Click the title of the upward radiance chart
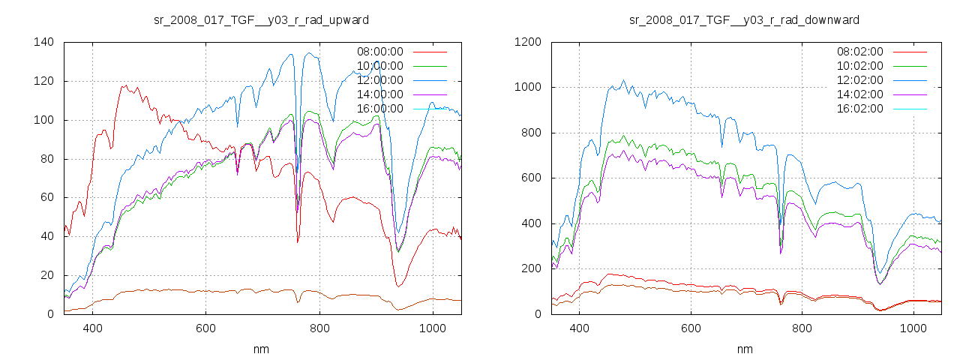[261, 19]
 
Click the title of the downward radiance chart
[744, 19]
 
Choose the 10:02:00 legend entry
[859, 66]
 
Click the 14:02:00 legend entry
[859, 94]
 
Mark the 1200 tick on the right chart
[526, 42]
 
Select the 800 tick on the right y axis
[529, 133]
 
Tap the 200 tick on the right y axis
[529, 268]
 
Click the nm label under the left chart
[261, 349]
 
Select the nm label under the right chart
[744, 349]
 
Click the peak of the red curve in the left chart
[124, 85]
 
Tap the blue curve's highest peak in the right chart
[623, 80]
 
